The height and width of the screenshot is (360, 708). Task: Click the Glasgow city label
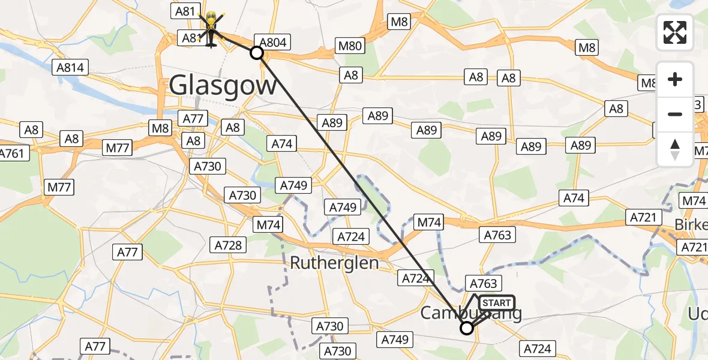(223, 85)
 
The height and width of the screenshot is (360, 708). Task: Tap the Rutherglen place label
(335, 263)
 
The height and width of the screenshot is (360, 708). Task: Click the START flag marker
(496, 303)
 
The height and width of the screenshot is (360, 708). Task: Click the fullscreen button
(675, 32)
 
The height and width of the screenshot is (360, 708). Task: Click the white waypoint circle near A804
(257, 53)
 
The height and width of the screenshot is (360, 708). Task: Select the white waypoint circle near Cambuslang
(466, 328)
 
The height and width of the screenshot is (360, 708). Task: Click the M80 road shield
(350, 46)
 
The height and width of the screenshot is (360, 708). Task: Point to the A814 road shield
(70, 67)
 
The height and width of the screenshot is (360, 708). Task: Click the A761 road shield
(11, 153)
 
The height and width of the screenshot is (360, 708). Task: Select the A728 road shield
(228, 245)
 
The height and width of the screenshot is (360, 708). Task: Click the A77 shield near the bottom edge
(95, 346)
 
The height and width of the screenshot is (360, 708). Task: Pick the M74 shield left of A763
(429, 223)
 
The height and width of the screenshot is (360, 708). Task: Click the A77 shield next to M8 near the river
(193, 119)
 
